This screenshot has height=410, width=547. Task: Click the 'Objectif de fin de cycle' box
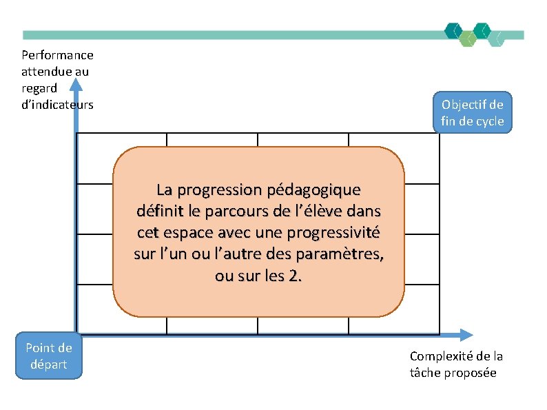473,112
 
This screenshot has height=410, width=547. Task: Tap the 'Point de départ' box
48,356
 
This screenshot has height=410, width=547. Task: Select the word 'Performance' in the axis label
57,55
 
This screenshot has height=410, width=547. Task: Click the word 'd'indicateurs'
57,105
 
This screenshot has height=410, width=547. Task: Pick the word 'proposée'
472,373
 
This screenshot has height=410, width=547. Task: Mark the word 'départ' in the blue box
48,365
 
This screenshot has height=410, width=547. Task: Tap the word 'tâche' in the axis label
424,373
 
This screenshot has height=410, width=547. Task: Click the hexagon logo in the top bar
475,34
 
